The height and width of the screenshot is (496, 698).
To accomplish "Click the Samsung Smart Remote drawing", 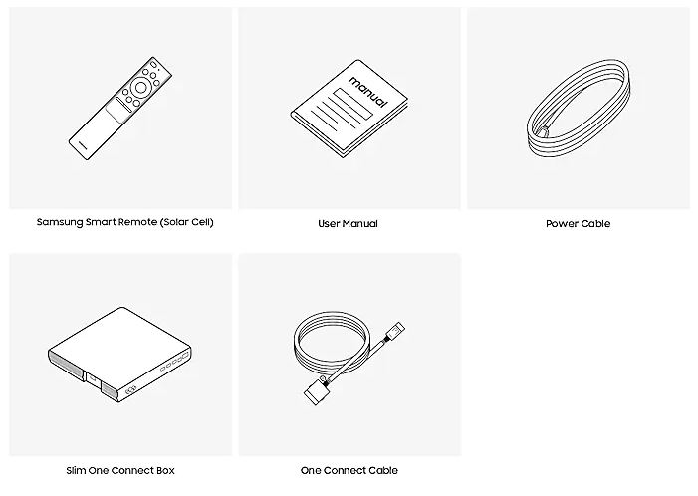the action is tap(120, 109).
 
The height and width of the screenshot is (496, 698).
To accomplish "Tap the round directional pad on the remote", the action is tap(140, 88).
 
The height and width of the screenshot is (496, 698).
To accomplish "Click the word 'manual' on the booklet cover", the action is tap(368, 92).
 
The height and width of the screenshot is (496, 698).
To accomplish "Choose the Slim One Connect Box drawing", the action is tap(119, 355).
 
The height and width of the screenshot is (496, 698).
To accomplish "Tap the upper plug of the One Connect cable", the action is tap(395, 332).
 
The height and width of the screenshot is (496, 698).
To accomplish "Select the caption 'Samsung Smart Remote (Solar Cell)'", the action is tap(125, 222).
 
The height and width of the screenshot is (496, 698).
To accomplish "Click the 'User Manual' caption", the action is tap(348, 223).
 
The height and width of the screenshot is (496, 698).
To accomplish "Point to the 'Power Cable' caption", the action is tap(578, 223).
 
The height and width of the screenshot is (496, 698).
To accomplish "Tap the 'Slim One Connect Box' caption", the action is tap(120, 470).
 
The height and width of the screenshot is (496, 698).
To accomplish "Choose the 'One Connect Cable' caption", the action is tap(349, 470).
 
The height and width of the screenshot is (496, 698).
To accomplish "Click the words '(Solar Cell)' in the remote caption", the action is tap(187, 222).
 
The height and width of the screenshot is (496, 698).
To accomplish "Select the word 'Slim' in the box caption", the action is tap(76, 470).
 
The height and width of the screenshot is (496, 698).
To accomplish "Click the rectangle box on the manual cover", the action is tap(353, 104).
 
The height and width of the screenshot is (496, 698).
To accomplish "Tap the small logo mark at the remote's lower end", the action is tap(84, 144).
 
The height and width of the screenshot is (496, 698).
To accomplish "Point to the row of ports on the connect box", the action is tap(174, 362).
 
